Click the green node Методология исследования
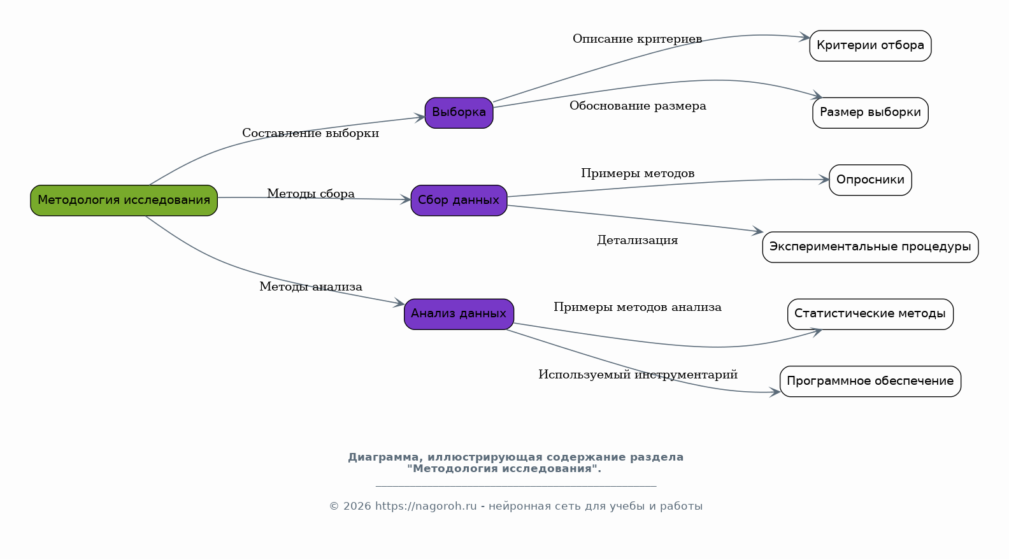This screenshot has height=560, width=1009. coord(124,200)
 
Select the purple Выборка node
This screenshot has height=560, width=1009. coord(459,113)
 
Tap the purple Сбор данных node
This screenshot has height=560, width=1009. coord(459,200)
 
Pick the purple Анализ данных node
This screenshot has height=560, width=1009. coord(459,313)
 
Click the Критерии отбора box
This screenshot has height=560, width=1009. coord(870,45)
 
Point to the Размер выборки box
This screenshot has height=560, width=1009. coord(870,113)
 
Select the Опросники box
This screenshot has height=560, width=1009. coord(870,180)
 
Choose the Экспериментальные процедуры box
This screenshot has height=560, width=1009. coord(870,247)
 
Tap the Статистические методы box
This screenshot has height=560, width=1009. coord(870,313)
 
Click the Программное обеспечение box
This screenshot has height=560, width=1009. coord(870,381)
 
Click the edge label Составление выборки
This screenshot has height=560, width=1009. coord(310,133)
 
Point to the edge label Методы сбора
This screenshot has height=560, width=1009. coord(311,194)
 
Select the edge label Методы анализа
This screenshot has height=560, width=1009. coord(311,287)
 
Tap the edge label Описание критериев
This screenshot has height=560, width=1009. coord(637,39)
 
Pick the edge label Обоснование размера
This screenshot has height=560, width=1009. coord(638,106)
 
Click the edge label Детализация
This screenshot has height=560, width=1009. coord(637,240)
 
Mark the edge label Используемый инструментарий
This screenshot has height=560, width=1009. coord(638,375)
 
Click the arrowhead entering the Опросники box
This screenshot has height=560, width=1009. coord(824,180)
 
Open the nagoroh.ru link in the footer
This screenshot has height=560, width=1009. coord(426,506)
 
